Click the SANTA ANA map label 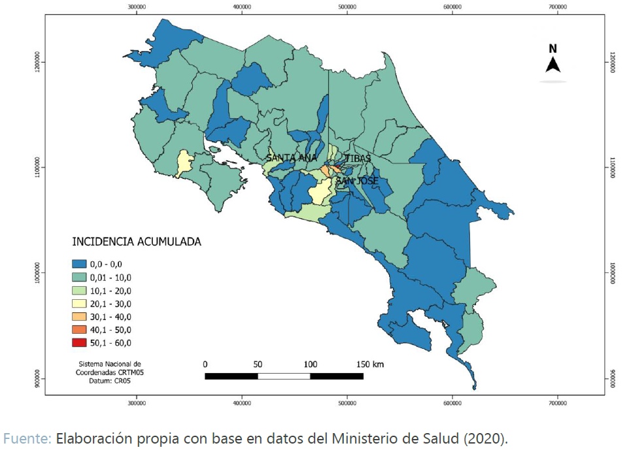[291, 158]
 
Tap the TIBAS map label [358, 158]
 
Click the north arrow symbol [552, 65]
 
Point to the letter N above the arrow [552, 48]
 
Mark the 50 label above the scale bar [258, 364]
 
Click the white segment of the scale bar [284, 376]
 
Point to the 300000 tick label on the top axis [137, 6]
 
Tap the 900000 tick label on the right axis [612, 378]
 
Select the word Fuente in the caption [26, 438]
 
